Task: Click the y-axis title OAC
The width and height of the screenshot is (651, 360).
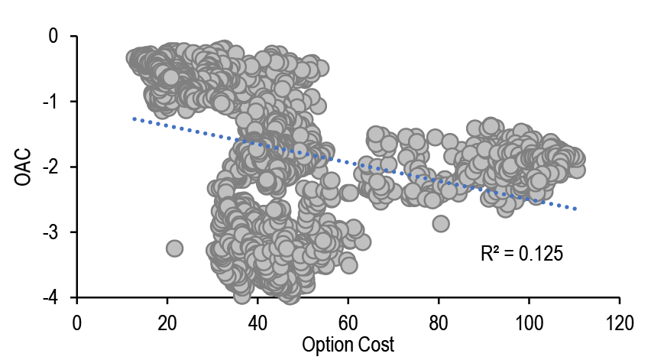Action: coord(22,167)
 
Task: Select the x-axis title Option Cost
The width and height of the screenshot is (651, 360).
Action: coord(348,345)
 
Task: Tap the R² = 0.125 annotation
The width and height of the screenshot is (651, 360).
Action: coord(522,253)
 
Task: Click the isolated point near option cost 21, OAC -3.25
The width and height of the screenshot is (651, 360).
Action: coord(174,248)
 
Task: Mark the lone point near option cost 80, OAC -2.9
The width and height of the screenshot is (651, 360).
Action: coord(441,223)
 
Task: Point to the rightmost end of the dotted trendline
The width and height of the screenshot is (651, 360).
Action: coord(575,209)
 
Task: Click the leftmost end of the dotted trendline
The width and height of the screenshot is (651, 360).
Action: coord(134,118)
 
